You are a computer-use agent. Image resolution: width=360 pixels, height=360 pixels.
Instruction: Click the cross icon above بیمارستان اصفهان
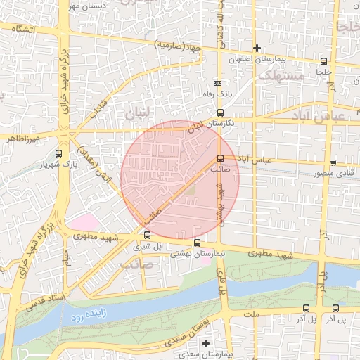[257, 49]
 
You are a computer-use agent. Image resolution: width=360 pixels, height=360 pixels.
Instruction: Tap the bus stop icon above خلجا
[323, 61]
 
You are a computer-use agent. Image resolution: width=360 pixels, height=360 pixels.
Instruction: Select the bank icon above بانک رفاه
[226, 83]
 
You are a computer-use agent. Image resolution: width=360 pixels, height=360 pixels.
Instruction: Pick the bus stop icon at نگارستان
[220, 112]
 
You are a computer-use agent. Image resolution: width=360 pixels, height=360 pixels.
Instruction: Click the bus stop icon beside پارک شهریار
[58, 153]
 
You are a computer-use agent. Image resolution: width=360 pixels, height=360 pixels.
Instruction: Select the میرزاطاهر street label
[20, 139]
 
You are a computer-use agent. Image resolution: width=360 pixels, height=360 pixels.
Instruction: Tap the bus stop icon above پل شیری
[147, 236]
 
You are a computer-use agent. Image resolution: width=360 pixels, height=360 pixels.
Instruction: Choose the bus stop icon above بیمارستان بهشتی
[197, 243]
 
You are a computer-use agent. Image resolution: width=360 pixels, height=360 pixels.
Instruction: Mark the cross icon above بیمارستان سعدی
[205, 344]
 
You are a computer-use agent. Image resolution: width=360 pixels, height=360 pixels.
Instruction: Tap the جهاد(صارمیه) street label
[179, 46]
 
